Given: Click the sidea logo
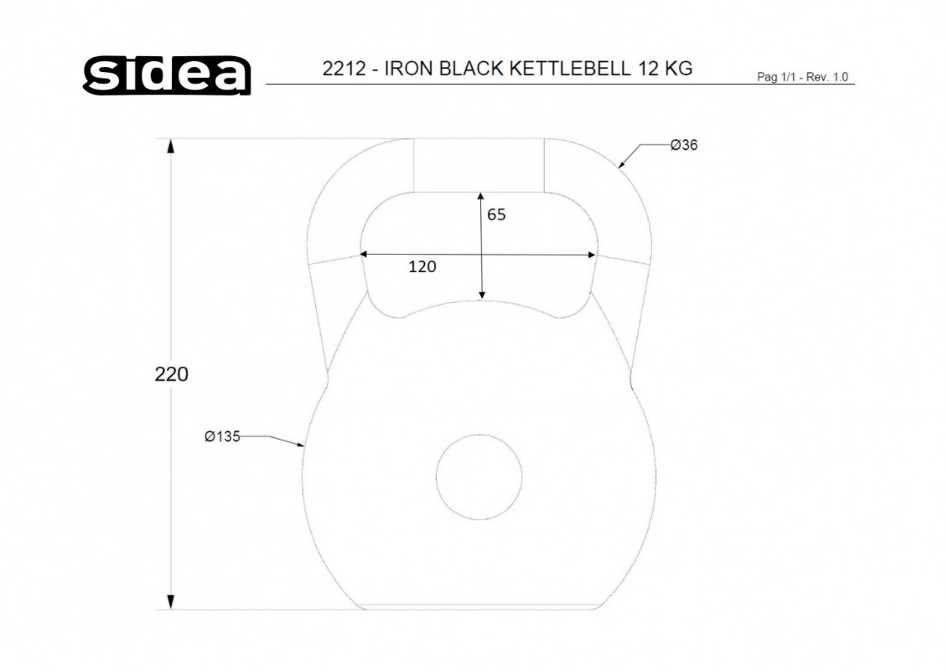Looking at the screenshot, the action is (167, 75).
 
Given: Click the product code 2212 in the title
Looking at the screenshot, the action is (344, 69).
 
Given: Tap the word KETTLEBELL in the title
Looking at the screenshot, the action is (570, 69).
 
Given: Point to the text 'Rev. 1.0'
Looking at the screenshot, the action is (827, 77).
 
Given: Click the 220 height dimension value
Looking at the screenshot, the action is (171, 374).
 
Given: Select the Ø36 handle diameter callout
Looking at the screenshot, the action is (684, 145).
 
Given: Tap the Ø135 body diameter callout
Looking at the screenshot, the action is (222, 436).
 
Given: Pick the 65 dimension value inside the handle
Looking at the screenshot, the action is (496, 214).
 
